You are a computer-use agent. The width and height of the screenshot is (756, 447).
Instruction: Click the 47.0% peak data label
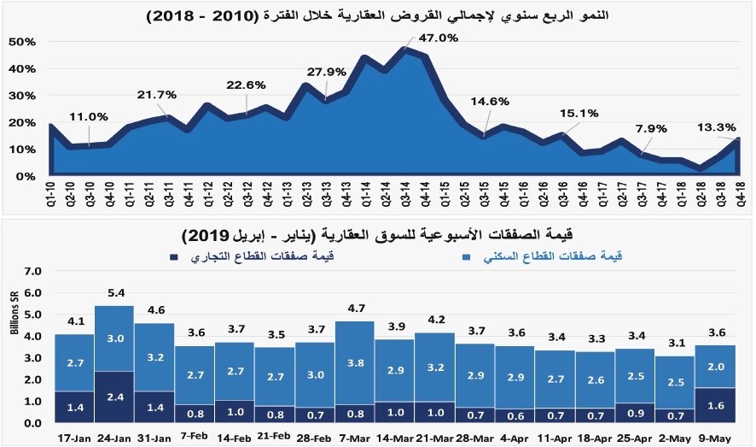[438, 38]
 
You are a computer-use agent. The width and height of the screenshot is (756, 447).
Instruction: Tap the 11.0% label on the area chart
[89, 117]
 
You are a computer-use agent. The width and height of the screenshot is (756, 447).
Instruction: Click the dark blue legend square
[175, 256]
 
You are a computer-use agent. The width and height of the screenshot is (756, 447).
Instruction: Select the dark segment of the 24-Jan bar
[114, 397]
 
